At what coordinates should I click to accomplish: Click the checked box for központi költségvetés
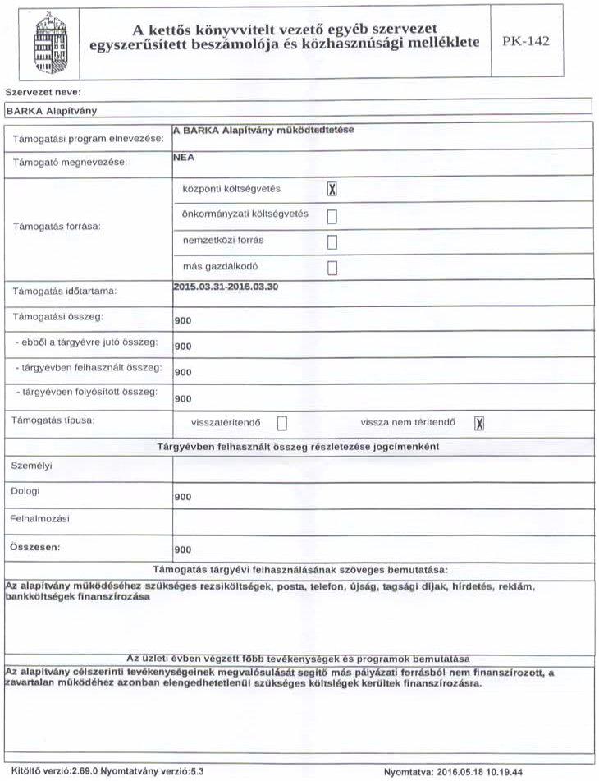coord(332,190)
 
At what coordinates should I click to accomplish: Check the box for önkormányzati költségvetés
coord(332,216)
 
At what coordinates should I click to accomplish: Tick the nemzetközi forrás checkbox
coord(332,241)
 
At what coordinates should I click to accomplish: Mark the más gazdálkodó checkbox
coord(332,268)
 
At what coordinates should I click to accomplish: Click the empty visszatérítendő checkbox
coord(282,423)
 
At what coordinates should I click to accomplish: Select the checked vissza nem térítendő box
coord(480,423)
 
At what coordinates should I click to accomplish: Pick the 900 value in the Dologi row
coord(183,498)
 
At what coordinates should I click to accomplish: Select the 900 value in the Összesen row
coord(183,549)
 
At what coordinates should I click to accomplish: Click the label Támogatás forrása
coord(55,227)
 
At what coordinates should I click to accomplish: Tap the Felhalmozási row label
coord(39,519)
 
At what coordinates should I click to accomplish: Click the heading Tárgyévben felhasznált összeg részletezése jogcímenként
coord(299,446)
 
